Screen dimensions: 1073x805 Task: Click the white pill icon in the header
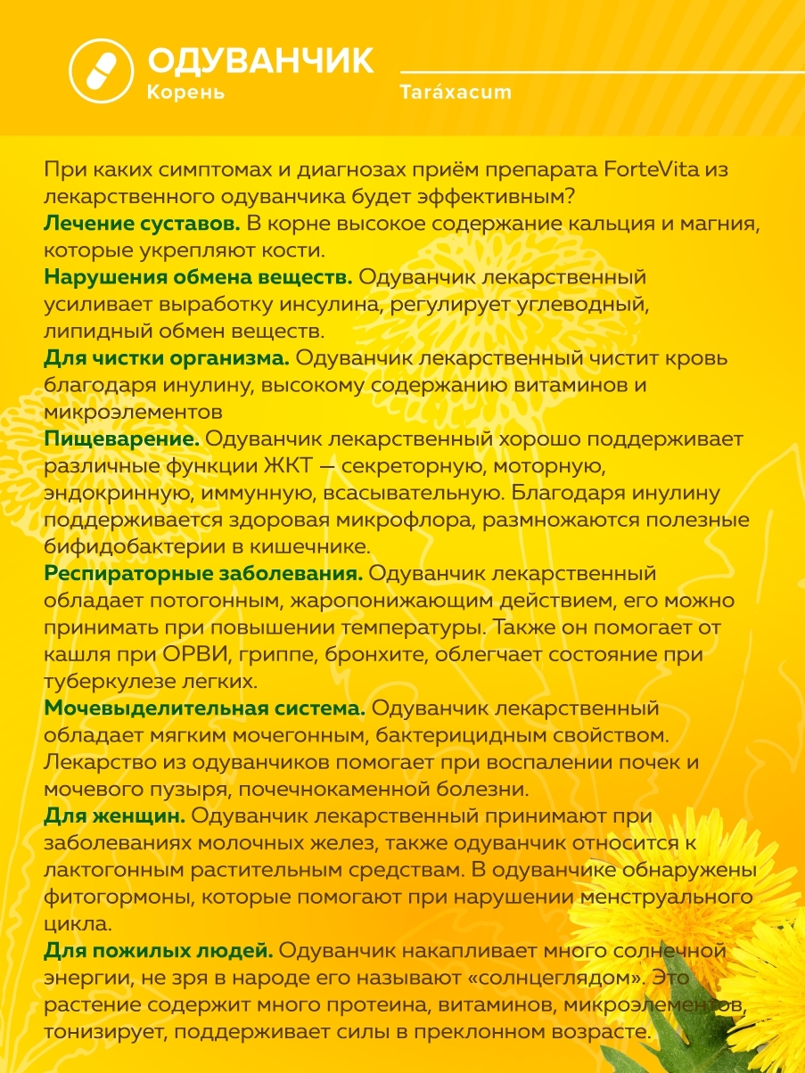(x=100, y=68)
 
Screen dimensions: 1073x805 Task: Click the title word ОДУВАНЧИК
(x=260, y=61)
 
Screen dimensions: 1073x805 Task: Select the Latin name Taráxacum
(x=456, y=93)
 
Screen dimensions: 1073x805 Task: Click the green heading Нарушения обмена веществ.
(x=198, y=277)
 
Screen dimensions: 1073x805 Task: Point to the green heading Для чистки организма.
(x=166, y=358)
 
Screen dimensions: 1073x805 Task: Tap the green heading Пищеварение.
(x=120, y=439)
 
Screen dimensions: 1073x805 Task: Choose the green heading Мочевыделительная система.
(x=204, y=709)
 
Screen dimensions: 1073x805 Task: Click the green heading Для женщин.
(x=114, y=816)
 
